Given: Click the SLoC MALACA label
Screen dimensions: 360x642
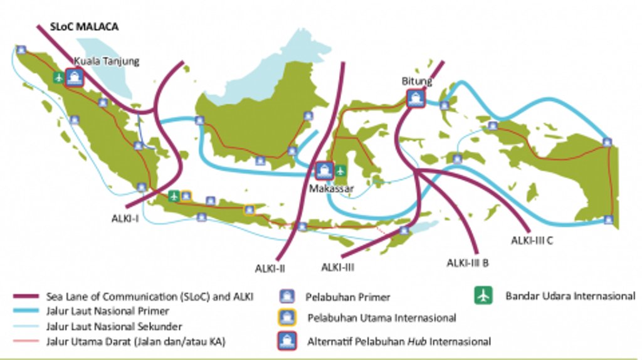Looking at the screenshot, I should coord(85,28).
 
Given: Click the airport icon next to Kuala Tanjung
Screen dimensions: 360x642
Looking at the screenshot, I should coord(59,78).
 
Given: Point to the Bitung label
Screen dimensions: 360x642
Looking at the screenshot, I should coord(416,82).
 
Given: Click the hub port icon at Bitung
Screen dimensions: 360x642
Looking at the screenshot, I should coord(415,98).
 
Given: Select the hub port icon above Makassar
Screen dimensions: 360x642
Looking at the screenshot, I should coord(324,170).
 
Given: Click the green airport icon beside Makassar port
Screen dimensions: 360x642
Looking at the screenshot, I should coord(341,170).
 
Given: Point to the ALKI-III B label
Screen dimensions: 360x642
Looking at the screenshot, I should coord(468,263).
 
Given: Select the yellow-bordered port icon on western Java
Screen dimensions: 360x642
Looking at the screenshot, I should coord(186,196).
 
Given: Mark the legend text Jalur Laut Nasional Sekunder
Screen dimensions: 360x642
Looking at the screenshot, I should coord(114,326).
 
